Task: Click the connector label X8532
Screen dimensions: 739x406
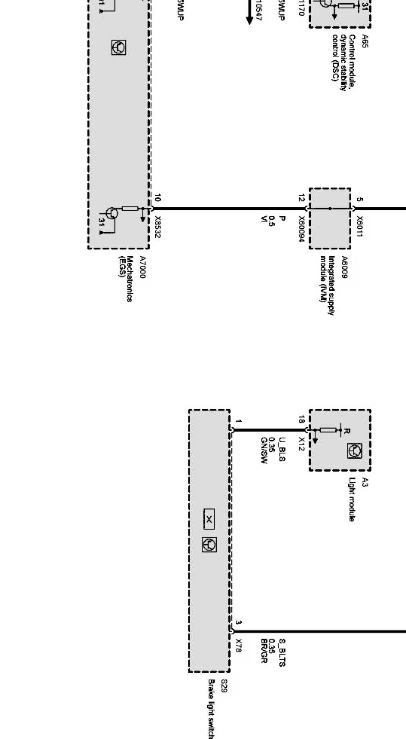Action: click(x=158, y=227)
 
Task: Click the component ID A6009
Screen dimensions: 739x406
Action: click(x=344, y=267)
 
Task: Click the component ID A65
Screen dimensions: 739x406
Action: click(x=365, y=41)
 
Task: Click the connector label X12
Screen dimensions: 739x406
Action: click(x=302, y=444)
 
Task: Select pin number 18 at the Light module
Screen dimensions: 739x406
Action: click(x=302, y=419)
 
